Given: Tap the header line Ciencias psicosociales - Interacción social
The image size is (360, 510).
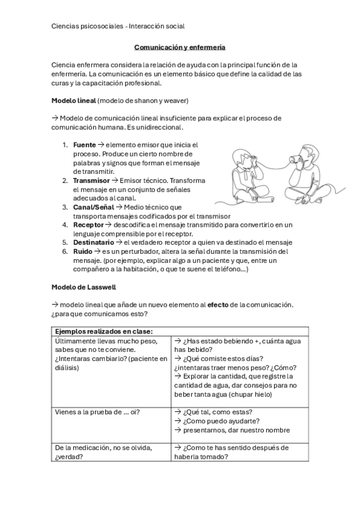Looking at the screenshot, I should coord(118,26).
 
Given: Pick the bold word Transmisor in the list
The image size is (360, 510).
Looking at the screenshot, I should coord(91,180).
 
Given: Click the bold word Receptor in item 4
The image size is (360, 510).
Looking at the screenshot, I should coord(88,224).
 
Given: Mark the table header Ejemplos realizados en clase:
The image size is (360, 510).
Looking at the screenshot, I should coord(103,331).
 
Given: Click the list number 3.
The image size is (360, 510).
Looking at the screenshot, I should coord(65,207).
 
